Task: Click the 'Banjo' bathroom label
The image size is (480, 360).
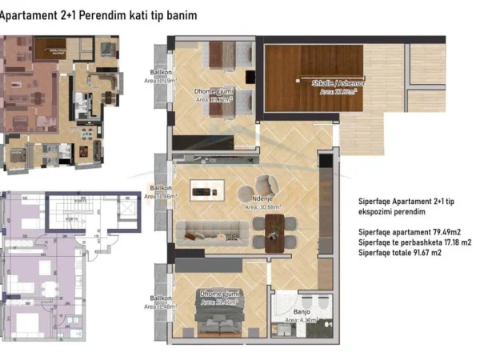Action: pyautogui.click(x=302, y=313)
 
